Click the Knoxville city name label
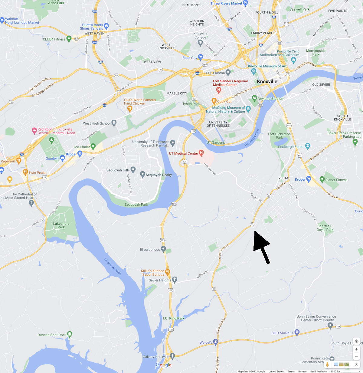267,81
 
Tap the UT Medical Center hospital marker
201,153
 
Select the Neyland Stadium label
271,99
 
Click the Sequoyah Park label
136,204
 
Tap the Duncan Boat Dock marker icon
70,334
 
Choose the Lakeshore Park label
61,225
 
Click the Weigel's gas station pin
215,342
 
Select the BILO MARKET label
282,333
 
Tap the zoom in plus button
356,349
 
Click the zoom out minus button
356,356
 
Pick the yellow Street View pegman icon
327,365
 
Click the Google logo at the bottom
164,365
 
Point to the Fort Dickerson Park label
279,136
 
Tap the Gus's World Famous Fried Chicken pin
130,108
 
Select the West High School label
96,123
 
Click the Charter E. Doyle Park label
325,228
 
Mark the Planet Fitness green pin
322,179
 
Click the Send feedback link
318,371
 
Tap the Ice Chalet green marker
93,146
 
